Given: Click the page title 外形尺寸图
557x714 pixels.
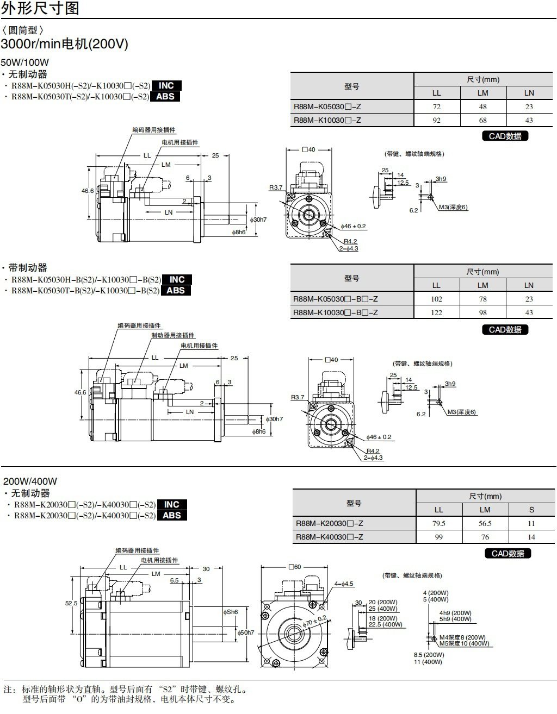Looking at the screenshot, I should pyautogui.click(x=40, y=8).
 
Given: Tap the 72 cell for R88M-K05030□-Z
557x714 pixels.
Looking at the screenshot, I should pyautogui.click(x=436, y=107).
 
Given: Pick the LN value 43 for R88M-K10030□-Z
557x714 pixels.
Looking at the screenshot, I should pyautogui.click(x=529, y=120).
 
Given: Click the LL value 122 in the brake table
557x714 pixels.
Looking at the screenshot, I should pyautogui.click(x=436, y=312).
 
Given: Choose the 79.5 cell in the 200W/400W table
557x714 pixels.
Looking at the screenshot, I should pyautogui.click(x=438, y=523).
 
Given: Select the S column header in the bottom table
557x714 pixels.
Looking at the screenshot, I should pyautogui.click(x=531, y=510).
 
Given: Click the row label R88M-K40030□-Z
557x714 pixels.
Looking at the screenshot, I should pyautogui.click(x=329, y=537).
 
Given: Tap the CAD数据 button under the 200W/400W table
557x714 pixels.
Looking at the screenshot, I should pyautogui.click(x=507, y=553).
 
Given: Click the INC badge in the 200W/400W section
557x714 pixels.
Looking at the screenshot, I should pyautogui.click(x=172, y=504).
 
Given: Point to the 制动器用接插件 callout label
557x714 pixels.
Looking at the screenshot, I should pyautogui.click(x=172, y=335).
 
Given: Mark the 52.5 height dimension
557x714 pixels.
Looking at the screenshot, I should pyautogui.click(x=71, y=603).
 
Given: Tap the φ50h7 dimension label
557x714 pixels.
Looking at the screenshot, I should pyautogui.click(x=246, y=632).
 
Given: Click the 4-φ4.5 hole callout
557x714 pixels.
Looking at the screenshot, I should pyautogui.click(x=344, y=584).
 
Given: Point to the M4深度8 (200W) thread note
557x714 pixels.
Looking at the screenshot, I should pyautogui.click(x=462, y=637).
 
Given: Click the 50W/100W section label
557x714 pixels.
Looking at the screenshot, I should pyautogui.click(x=25, y=62).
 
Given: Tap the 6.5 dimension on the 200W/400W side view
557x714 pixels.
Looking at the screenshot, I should pyautogui.click(x=174, y=580).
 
